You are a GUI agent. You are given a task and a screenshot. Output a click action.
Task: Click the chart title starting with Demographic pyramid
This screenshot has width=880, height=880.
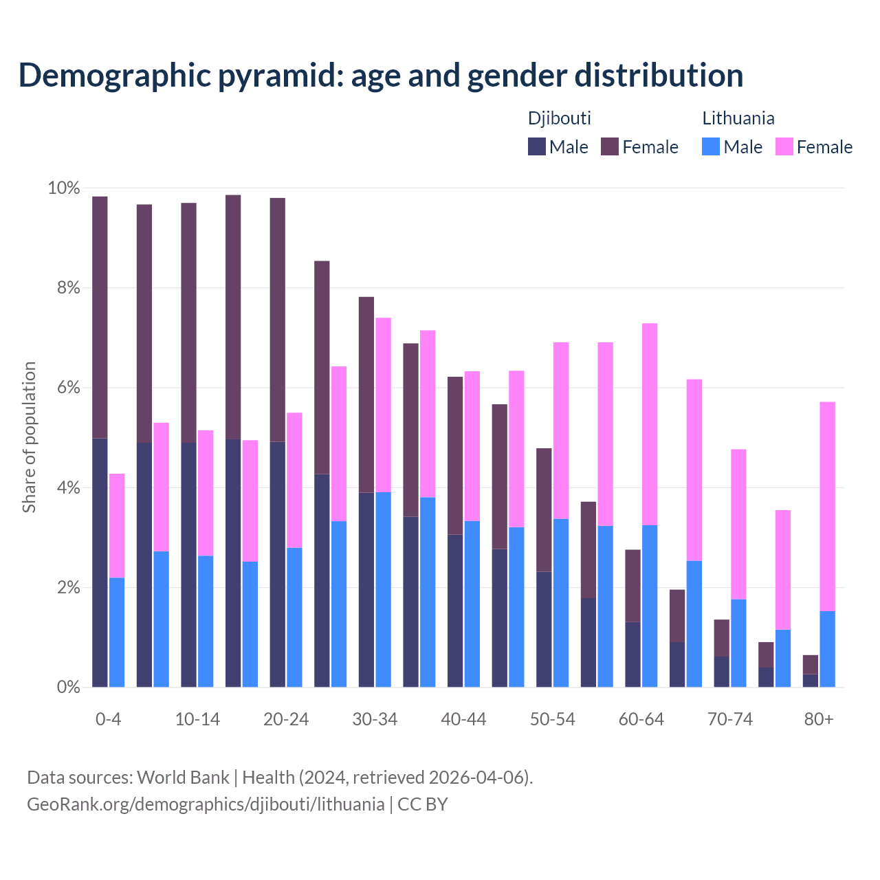tap(381, 75)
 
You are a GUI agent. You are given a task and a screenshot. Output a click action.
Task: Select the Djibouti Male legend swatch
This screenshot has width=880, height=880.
tap(536, 146)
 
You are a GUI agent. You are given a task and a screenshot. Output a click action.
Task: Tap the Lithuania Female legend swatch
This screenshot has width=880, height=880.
tap(784, 146)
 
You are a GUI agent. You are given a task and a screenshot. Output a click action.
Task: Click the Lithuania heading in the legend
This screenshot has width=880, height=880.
tap(738, 118)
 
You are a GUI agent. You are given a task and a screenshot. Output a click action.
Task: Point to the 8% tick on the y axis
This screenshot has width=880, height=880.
tap(64, 288)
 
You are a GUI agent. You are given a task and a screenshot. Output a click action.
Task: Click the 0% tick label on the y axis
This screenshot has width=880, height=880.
tap(64, 687)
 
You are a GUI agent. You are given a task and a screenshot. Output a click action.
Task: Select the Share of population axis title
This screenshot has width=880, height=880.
tap(29, 437)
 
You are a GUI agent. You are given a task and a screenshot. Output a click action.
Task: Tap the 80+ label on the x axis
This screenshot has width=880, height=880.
tap(819, 719)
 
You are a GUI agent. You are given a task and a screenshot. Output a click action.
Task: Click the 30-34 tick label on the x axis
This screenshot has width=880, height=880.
tap(375, 719)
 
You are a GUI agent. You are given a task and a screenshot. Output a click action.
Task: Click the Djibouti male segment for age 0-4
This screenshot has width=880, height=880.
tap(100, 562)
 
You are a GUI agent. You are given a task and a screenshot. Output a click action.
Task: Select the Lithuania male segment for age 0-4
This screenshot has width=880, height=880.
tap(117, 632)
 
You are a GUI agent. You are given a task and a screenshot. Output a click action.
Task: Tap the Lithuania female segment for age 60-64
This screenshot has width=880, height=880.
tap(650, 423)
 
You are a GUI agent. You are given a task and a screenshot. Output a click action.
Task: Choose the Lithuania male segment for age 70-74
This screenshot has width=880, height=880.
tap(738, 643)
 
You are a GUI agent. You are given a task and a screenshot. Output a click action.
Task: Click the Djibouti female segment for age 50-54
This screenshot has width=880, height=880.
tap(544, 509)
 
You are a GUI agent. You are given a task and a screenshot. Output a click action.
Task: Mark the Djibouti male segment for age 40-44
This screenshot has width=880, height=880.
tap(455, 610)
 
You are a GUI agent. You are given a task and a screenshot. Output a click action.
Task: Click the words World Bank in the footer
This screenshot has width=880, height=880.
tap(183, 778)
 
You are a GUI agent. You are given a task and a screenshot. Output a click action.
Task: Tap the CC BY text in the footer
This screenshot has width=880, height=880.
tap(423, 804)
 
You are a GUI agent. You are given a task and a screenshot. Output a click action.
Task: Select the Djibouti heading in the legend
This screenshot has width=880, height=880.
tap(559, 118)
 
